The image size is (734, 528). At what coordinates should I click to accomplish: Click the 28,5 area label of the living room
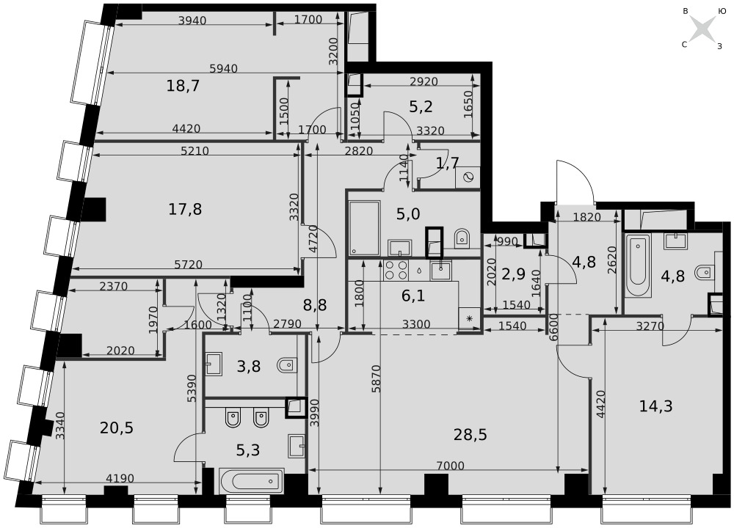[x=470, y=435]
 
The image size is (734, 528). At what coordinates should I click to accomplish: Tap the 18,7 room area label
[x=183, y=86]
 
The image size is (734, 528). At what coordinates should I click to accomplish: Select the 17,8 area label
[x=185, y=209]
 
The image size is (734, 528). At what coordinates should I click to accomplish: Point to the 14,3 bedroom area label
[x=655, y=406]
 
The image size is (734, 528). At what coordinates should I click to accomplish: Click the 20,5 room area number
[x=117, y=428]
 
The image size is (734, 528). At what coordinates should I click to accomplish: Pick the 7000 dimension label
[x=450, y=466]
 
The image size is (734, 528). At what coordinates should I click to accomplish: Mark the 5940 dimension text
[x=223, y=69]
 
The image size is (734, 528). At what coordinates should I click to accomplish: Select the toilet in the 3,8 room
[x=286, y=364]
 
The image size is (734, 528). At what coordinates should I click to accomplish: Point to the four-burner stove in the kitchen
[x=396, y=270]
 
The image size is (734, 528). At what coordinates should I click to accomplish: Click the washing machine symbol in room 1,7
[x=468, y=177]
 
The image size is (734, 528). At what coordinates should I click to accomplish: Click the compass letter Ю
[x=722, y=11]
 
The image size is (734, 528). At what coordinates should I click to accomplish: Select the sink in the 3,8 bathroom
[x=214, y=364]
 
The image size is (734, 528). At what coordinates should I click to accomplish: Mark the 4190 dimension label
[x=120, y=478]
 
